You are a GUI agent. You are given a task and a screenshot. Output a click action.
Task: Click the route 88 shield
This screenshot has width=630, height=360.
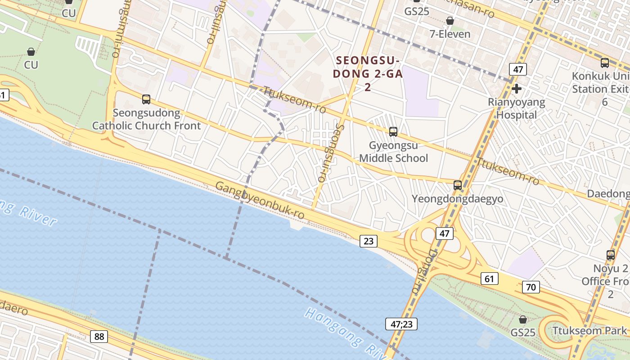point(99,336)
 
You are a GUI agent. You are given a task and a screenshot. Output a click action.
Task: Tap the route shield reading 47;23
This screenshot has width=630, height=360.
point(401,324)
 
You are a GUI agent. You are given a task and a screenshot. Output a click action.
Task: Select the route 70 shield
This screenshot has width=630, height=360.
point(531,287)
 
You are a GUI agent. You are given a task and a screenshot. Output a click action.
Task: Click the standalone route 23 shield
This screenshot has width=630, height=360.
point(368,241)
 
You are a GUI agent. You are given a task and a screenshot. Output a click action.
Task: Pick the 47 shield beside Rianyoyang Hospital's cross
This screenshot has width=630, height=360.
point(518,69)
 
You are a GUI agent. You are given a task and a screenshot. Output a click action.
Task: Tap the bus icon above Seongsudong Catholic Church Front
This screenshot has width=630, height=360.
point(146,99)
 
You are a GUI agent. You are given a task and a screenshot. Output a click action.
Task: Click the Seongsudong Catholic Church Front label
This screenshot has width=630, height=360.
point(146,119)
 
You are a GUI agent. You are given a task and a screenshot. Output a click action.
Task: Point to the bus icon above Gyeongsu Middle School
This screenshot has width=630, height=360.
point(393,132)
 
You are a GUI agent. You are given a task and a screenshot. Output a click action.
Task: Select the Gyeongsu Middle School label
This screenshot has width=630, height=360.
point(393,152)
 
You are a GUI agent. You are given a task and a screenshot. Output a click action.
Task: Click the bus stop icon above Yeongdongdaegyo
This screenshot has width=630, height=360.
point(458,185)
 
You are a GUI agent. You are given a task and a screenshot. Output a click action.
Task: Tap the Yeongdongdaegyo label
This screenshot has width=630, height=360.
point(458,199)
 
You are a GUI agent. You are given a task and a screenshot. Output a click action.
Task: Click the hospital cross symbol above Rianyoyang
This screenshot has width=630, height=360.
point(517,89)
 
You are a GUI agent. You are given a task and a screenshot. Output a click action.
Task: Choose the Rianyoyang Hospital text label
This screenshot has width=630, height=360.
point(517,108)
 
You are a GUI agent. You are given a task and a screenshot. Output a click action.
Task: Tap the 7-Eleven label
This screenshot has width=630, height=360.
point(450,34)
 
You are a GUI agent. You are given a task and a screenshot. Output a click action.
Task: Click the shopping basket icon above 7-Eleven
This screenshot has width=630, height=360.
point(450,21)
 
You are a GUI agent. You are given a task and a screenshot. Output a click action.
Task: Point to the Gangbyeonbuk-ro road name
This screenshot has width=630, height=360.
point(260,201)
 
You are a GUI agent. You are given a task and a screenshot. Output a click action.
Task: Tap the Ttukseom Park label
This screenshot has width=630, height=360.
point(589,331)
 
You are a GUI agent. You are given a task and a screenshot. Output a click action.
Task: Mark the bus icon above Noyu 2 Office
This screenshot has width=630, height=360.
point(611,255)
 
